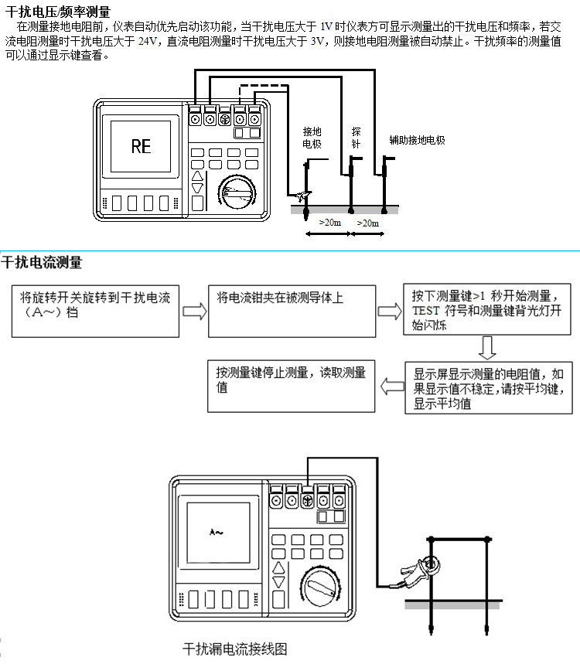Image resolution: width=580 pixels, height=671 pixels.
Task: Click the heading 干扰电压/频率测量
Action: click(58, 12)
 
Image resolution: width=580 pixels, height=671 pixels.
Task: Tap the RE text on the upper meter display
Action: click(141, 146)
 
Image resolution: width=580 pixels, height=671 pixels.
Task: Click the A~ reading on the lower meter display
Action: click(217, 533)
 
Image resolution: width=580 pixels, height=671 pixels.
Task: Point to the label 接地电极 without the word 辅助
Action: click(312, 138)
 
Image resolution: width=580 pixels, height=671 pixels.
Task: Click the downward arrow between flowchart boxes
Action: click(486, 347)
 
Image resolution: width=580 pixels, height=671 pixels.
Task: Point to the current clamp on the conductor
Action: click(418, 570)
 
